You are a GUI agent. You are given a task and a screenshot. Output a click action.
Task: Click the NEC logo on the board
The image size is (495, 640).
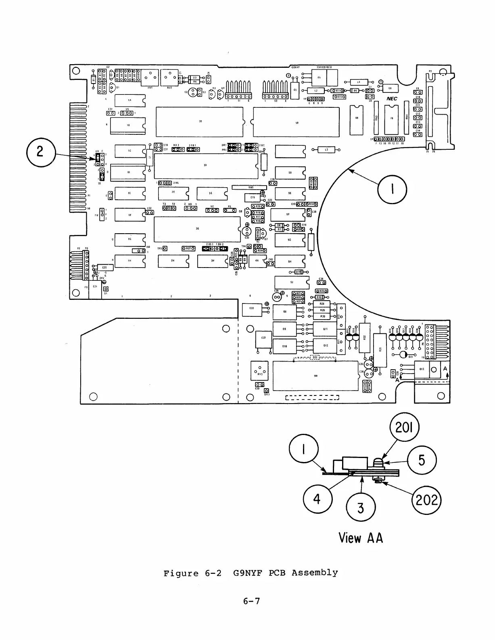[392, 99]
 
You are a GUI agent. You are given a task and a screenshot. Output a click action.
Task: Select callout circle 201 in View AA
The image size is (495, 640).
[405, 429]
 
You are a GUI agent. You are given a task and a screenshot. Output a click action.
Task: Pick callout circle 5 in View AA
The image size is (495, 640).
[422, 460]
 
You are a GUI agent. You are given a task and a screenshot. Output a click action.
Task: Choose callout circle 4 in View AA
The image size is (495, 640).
[317, 499]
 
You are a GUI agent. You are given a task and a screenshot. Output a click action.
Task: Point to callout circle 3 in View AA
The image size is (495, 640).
[361, 508]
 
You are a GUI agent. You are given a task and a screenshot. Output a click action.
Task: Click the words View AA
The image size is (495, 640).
[361, 538]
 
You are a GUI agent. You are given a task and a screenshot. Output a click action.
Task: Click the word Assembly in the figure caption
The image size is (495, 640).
[315, 573]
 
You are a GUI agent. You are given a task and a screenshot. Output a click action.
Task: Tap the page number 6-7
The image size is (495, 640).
[251, 601]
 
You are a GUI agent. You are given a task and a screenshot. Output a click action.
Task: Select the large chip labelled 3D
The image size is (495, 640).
[206, 166]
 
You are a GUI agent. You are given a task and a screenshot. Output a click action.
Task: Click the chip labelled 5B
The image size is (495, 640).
[297, 122]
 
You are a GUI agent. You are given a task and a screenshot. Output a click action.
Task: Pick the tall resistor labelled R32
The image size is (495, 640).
[364, 337]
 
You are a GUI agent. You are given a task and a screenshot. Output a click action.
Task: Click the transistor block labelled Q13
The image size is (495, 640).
[422, 369]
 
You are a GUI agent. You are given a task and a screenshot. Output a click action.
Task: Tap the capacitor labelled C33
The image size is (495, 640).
[251, 310]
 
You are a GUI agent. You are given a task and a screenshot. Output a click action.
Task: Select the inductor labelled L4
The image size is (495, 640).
[359, 82]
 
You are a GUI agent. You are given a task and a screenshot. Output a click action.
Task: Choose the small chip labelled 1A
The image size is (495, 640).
[129, 100]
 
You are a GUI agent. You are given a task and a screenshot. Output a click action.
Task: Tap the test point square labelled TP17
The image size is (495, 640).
[266, 391]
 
